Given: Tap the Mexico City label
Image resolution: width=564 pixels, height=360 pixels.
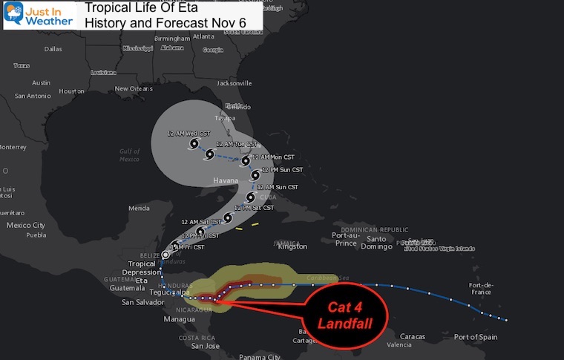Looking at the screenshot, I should pos(26,225).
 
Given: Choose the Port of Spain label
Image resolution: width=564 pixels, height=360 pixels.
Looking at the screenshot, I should pos(475,338).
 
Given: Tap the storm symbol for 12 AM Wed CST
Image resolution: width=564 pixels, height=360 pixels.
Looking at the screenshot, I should pos(194,143).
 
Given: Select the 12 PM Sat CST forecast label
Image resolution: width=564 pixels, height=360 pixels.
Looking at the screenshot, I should pos(254,208).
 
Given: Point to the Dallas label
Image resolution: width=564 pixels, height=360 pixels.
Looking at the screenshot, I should pos(53,49).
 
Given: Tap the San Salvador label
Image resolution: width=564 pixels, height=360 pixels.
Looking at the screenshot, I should pos(140,303).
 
